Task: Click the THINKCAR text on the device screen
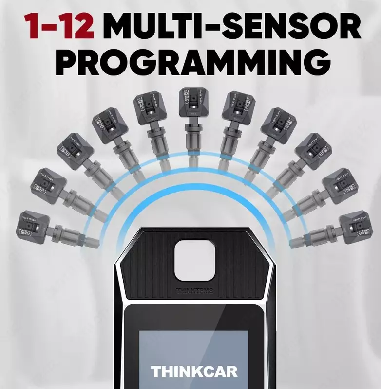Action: [x=194, y=372]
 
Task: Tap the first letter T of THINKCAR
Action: [x=156, y=372]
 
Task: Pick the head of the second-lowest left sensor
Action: [x=49, y=185]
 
